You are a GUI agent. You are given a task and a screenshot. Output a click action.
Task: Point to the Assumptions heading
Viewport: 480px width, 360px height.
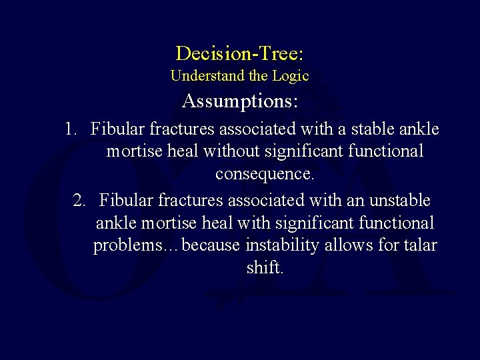pyautogui.click(x=240, y=102)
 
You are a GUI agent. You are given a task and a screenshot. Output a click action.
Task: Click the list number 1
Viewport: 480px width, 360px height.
pyautogui.click(x=72, y=128)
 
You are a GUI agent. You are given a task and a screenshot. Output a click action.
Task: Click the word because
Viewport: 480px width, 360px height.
pyautogui.click(x=212, y=246)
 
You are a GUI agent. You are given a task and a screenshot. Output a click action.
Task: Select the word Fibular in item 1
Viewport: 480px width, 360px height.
pyautogui.click(x=120, y=128)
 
